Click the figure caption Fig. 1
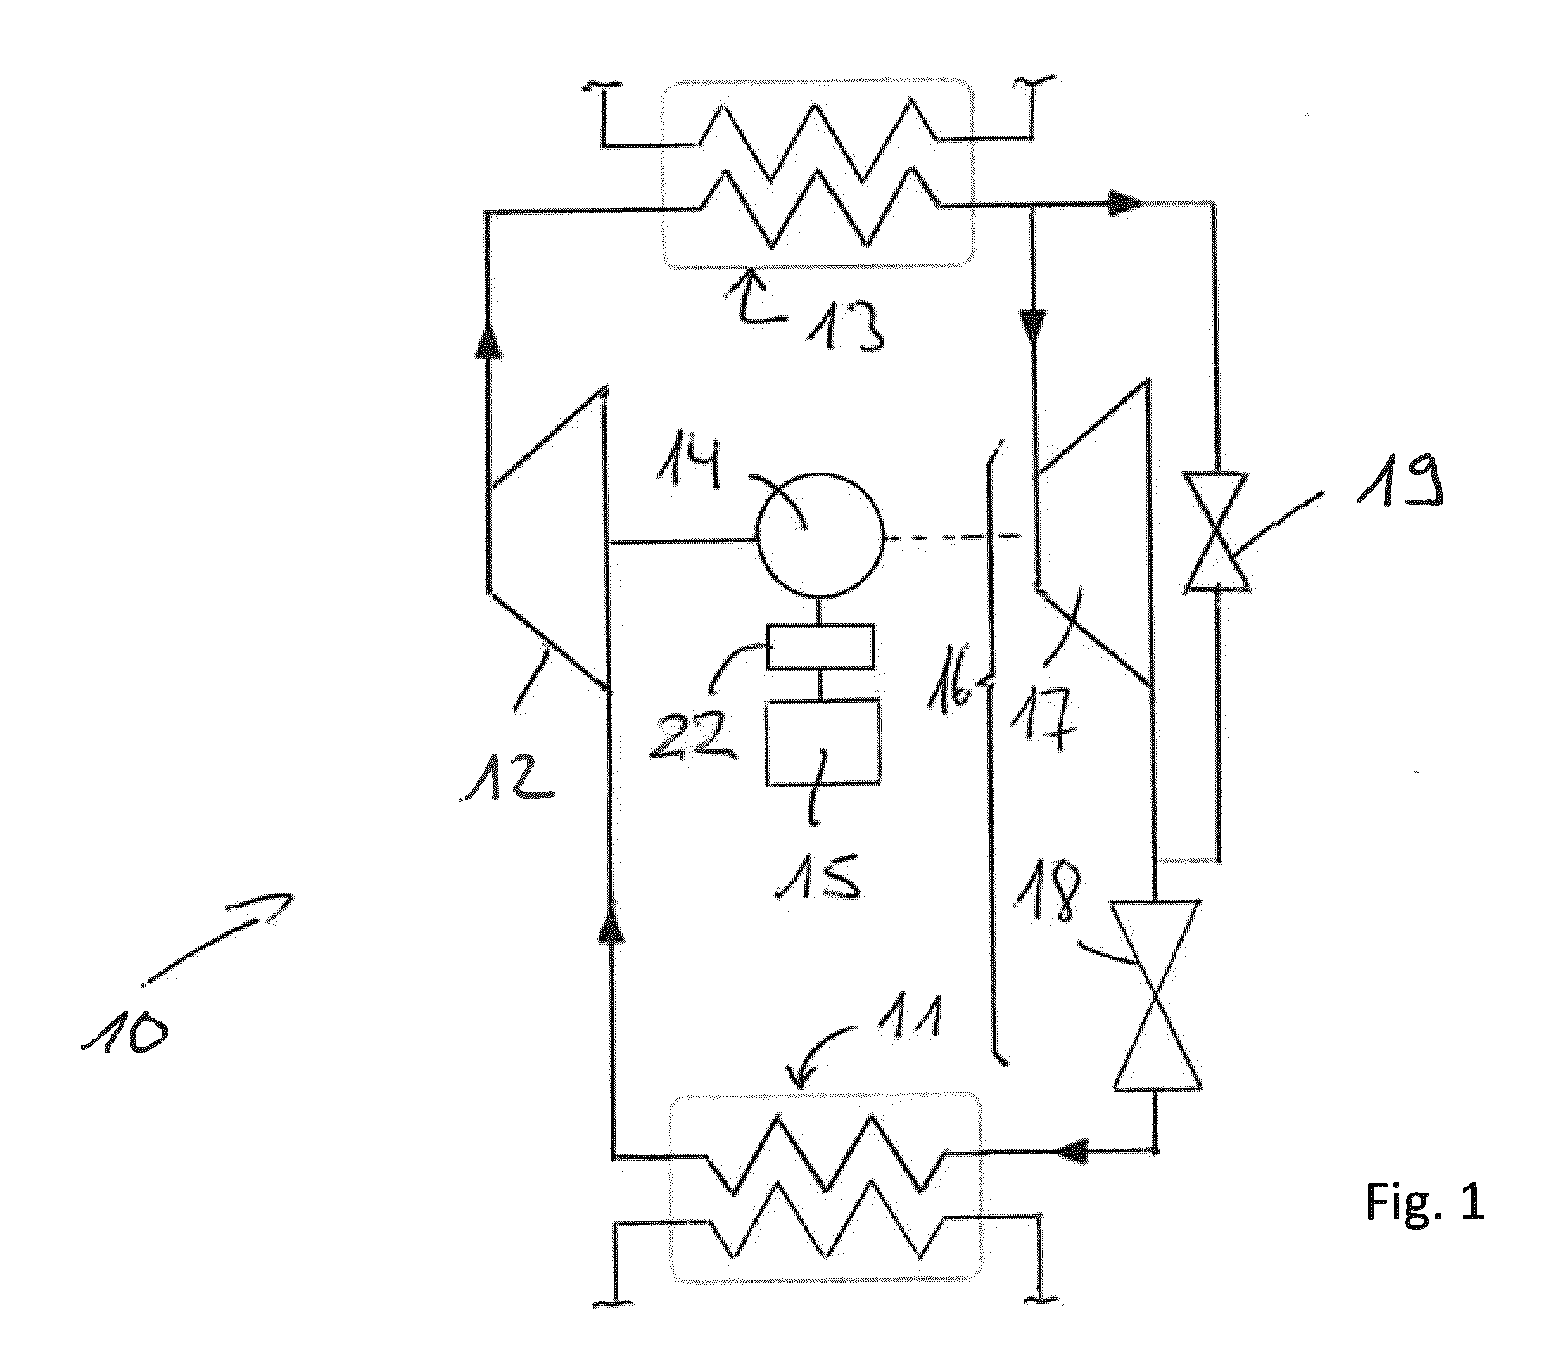click(x=1426, y=1202)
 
